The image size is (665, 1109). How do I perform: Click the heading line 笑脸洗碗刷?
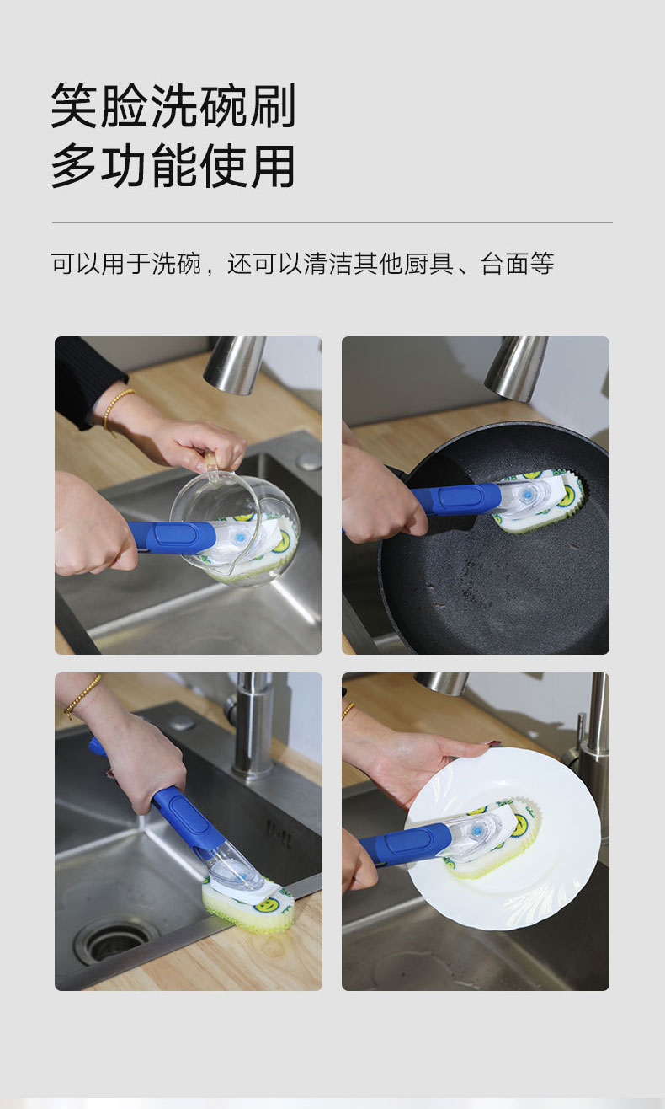[173, 106]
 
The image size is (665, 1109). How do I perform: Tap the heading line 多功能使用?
[173, 165]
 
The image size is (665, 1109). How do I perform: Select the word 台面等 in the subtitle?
[517, 264]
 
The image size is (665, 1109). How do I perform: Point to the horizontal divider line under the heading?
[332, 223]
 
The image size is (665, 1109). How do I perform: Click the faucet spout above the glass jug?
[234, 364]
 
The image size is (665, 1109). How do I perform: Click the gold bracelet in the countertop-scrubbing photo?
[82, 695]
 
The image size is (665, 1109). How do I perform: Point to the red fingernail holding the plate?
[492, 743]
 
